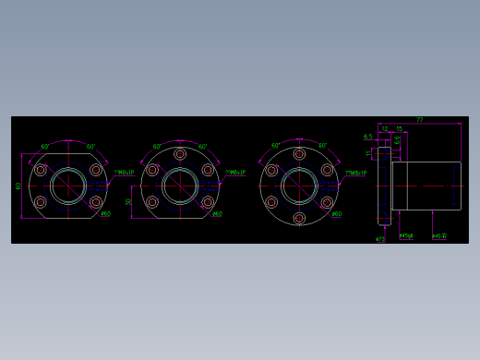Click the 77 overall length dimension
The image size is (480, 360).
pos(419,120)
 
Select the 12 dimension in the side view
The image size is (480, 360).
pos(385,129)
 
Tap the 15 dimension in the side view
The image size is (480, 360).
pos(399,129)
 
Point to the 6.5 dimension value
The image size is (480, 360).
pos(367,137)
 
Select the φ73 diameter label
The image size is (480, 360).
pos(380,238)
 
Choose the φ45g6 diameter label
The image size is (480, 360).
pos(406,235)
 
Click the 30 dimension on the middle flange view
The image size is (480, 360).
pos(128,202)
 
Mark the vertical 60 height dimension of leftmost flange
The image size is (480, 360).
pos(18,186)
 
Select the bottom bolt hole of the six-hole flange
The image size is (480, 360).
pos(299,218)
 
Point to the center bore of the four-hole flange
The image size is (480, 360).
pos(67,186)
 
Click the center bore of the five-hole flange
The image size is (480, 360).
pos(179,186)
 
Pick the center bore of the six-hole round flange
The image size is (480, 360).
pos(299,186)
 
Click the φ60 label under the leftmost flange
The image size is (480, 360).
pos(105,214)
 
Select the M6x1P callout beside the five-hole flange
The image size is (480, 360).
pos(235,172)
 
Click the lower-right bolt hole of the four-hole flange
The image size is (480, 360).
pos(95,201)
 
